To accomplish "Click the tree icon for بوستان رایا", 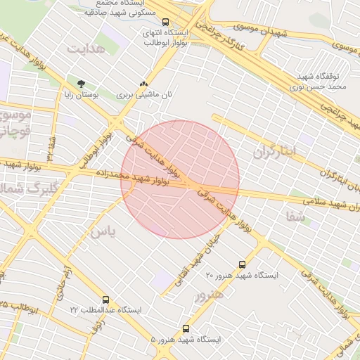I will click(82, 83).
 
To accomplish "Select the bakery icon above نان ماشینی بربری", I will click(144, 83).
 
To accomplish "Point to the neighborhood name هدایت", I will click(86, 49).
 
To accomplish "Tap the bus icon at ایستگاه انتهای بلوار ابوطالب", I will click(166, 22).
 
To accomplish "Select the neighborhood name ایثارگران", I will click(276, 151).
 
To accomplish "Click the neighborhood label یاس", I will click(101, 231).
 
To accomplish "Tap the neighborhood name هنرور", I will click(210, 293).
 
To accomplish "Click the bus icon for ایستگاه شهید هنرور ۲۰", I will click(243, 265).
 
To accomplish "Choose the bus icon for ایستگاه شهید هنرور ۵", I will click(186, 328).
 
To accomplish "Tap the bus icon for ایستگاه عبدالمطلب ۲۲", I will click(105, 300).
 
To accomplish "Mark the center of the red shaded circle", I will click(180, 179).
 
